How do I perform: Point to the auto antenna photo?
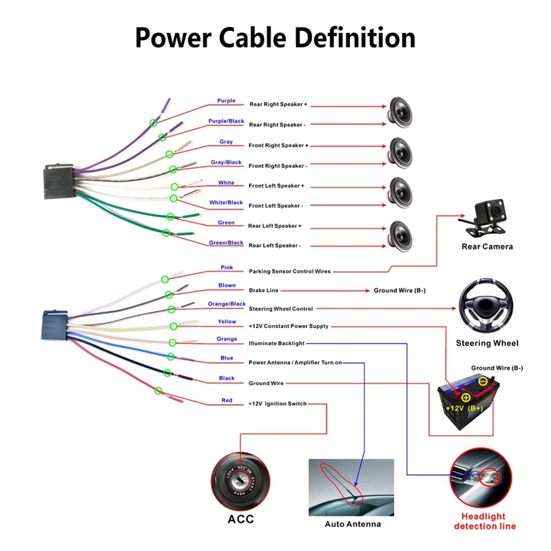[351, 487]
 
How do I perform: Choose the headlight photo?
[485, 477]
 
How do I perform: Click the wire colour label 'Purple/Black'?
[226, 121]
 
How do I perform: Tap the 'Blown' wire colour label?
[227, 286]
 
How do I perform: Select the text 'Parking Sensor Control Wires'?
[289, 272]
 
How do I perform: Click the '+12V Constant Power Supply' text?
[289, 326]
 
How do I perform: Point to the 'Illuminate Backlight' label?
[276, 343]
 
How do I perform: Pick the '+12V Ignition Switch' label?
[278, 404]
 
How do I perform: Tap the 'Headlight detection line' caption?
[485, 521]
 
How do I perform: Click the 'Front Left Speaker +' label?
[276, 186]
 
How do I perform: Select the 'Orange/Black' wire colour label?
[227, 304]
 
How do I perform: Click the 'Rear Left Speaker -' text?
[274, 246]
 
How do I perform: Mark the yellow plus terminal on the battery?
[466, 397]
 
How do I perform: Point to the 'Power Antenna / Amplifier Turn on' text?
[295, 362]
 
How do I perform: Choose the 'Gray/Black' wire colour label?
[226, 163]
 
